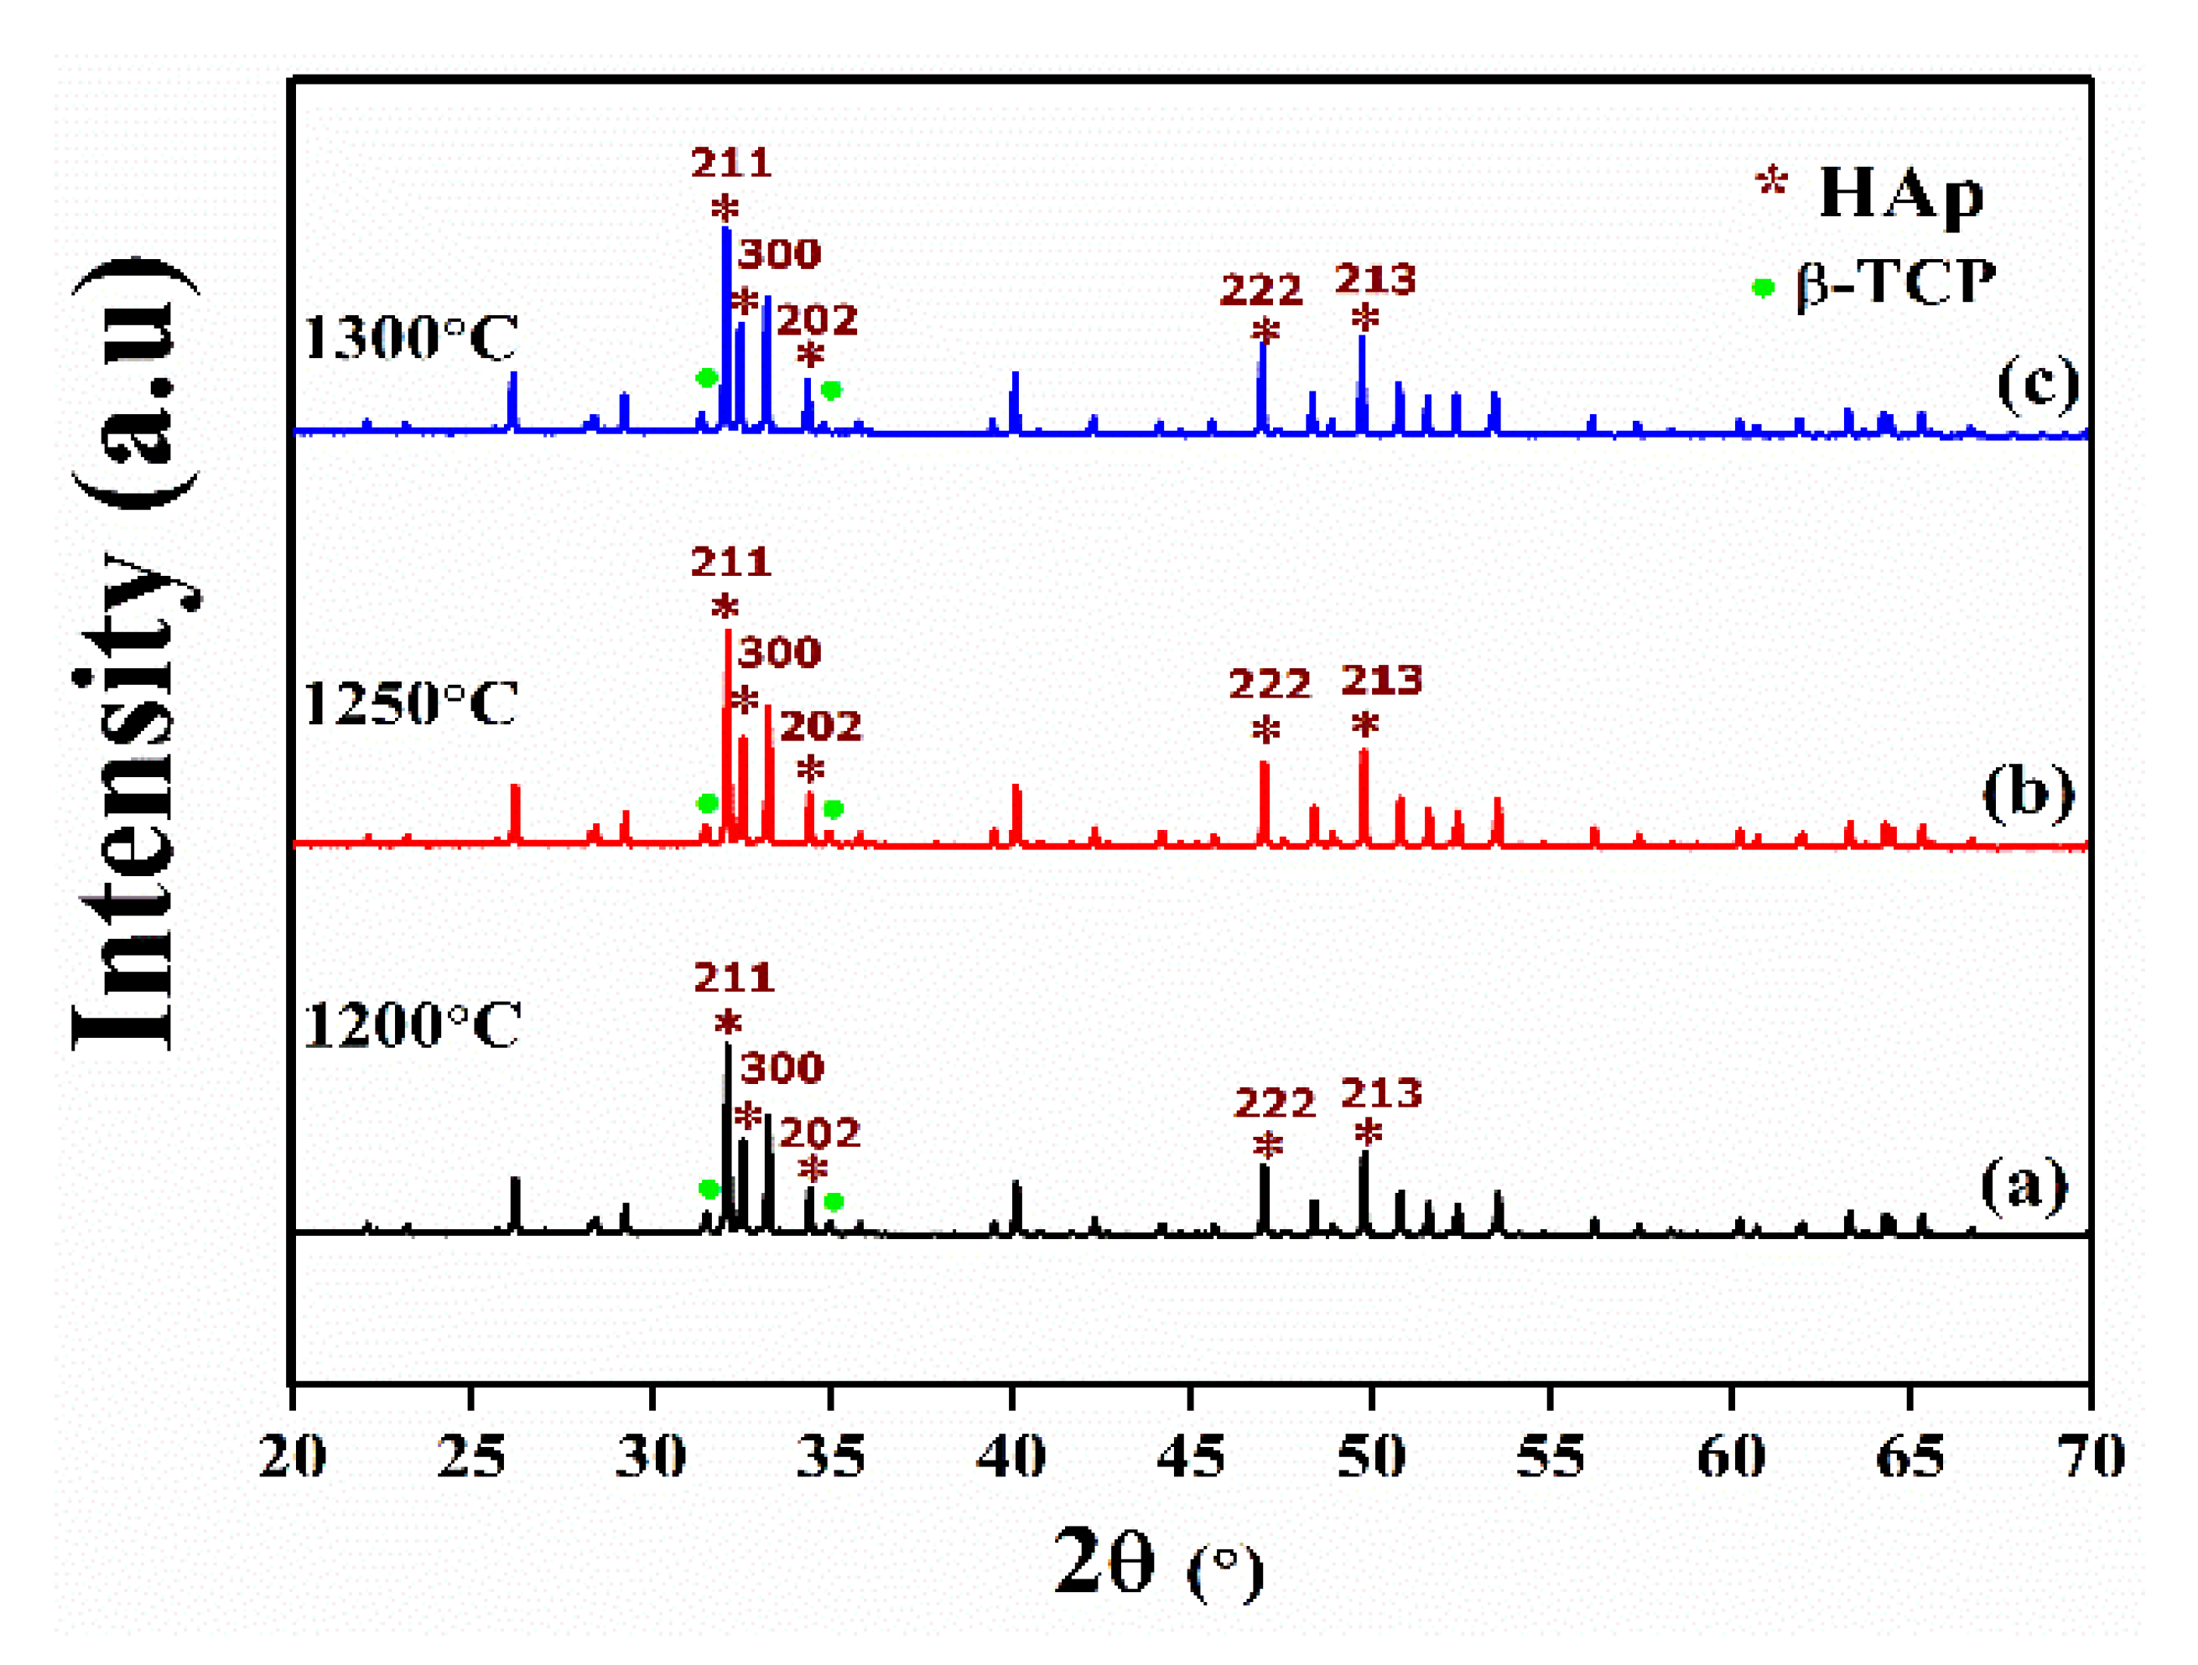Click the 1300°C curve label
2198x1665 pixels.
(410, 338)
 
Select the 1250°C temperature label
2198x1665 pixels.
(410, 704)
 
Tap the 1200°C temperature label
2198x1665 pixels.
(413, 1025)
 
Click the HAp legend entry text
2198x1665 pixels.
(1900, 193)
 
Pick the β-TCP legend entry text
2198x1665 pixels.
(1895, 284)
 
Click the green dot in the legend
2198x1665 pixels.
(1763, 288)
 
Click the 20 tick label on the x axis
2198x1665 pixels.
(291, 1457)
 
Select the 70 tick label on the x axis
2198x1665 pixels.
(2091, 1457)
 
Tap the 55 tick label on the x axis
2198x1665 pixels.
(1550, 1457)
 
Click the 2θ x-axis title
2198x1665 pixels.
(1157, 1564)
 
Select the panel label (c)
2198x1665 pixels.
(2038, 382)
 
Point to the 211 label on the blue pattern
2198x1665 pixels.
(731, 163)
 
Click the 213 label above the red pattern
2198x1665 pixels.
(1381, 681)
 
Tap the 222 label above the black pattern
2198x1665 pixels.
(1275, 1102)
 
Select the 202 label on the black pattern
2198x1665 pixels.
(818, 1133)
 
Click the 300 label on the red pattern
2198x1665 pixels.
(779, 653)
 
